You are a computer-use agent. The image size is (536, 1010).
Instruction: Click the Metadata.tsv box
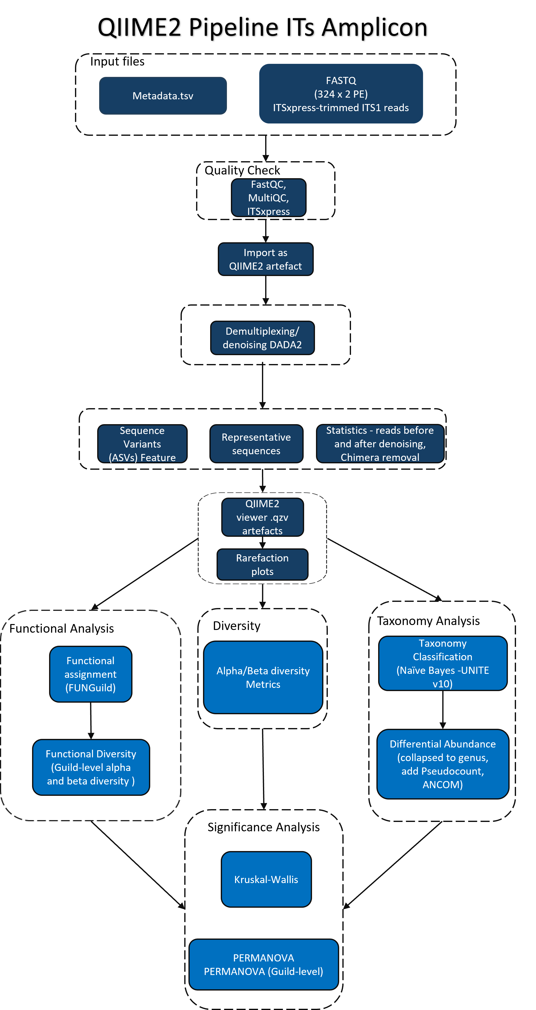pos(163,96)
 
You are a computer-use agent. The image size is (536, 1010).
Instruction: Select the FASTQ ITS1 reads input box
pos(341,94)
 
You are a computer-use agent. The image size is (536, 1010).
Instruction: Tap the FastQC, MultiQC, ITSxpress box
pos(268,198)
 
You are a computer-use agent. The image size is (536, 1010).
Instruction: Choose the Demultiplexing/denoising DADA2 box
pos(262,338)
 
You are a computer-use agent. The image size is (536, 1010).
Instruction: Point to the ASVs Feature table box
pos(142,444)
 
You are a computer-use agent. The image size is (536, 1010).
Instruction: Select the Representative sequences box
pos(256,444)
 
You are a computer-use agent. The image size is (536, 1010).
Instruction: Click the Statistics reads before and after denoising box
pos(380,444)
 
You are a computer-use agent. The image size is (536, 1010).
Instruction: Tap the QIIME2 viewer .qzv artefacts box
pos(262,517)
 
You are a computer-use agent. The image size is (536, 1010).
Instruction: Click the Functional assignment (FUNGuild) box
pos(91,674)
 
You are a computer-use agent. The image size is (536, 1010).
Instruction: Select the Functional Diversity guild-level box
pos(91,767)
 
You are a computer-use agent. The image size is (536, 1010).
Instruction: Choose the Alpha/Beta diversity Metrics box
pos(263,677)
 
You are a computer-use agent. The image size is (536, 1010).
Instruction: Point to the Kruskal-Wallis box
pos(266,879)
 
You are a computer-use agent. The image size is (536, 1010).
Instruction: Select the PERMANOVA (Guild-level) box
pos(263,964)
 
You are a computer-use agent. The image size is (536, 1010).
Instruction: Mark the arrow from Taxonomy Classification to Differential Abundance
pos(443,710)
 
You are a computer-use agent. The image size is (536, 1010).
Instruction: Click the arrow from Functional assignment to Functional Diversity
pos(91,721)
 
